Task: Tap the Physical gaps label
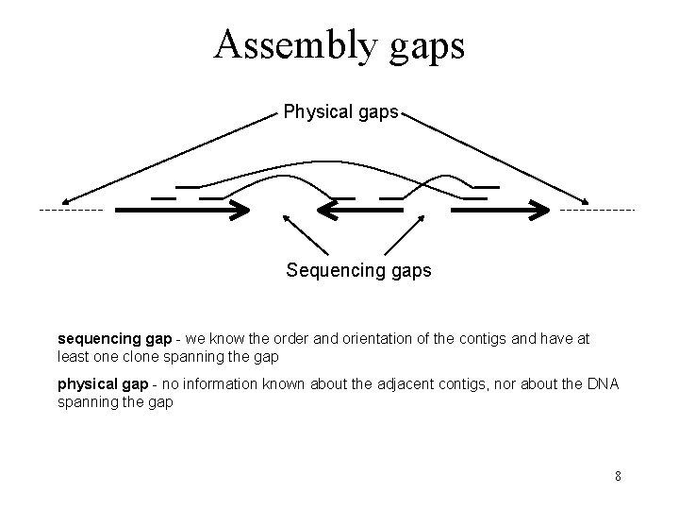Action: tap(341, 113)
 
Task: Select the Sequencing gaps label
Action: tap(358, 271)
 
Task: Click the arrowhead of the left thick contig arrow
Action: tap(241, 210)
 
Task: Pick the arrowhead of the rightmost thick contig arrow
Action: tap(541, 210)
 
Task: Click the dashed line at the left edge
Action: tap(72, 209)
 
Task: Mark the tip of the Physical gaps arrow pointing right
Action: tap(587, 201)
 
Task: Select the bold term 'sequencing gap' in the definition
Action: tap(114, 337)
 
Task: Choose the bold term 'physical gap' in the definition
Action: tap(103, 383)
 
